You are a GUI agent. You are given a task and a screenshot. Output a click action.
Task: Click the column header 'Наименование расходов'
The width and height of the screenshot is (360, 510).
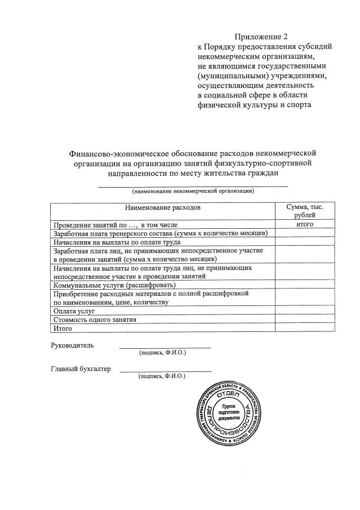[x=162, y=208]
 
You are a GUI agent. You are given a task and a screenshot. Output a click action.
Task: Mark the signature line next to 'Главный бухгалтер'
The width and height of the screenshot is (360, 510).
[x=166, y=371]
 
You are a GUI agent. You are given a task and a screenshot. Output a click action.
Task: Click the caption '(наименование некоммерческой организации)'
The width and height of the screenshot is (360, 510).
[x=193, y=192]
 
